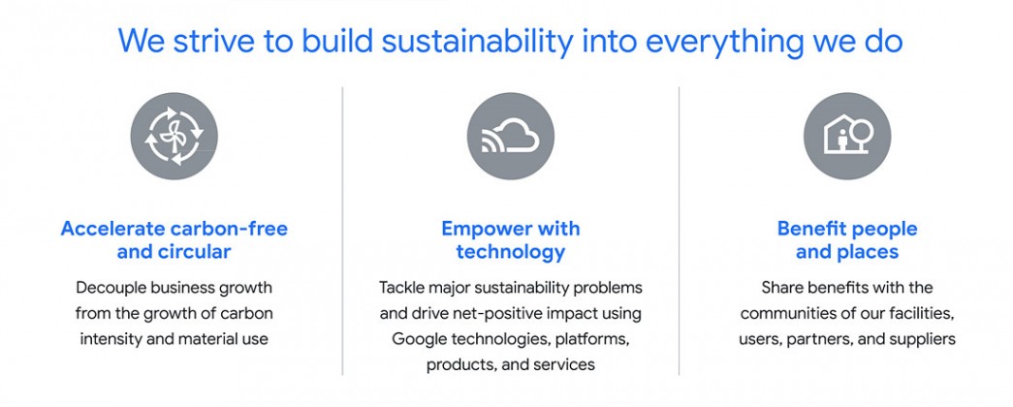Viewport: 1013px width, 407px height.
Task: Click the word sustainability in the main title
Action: [478, 42]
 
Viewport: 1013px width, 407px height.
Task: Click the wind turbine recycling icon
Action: [174, 137]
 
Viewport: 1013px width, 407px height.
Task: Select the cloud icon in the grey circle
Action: [510, 137]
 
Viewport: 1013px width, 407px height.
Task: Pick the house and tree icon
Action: [847, 137]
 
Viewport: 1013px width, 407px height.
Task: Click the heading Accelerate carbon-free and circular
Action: [174, 239]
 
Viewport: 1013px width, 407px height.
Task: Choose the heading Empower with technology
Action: [510, 239]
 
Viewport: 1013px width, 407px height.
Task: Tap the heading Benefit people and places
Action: [847, 239]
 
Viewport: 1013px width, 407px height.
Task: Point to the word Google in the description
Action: [420, 339]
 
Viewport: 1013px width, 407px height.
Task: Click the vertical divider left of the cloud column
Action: [342, 231]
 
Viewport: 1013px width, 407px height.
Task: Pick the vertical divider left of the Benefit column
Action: [679, 231]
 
